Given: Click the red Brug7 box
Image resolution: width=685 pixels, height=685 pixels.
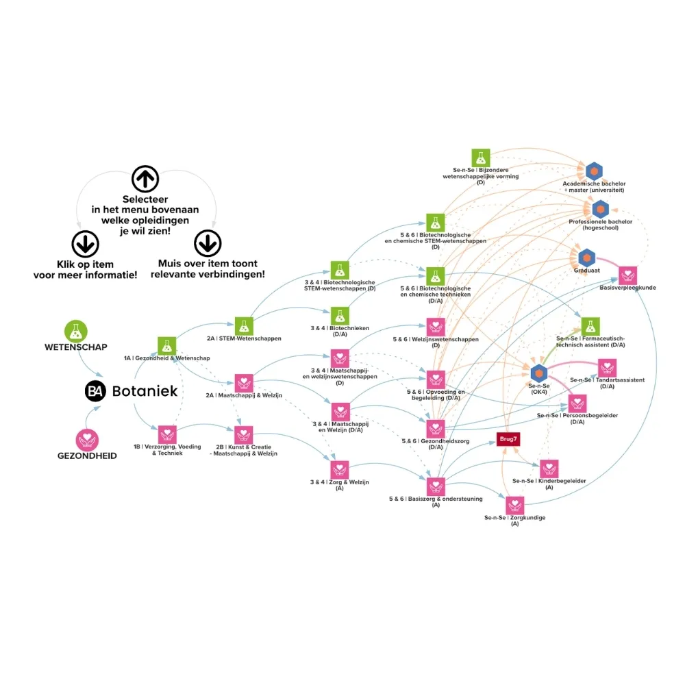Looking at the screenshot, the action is tap(508, 439).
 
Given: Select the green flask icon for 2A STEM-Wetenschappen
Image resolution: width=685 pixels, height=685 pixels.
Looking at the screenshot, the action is tap(244, 326).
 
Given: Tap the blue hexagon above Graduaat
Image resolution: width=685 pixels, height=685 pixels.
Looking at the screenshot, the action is tap(587, 258).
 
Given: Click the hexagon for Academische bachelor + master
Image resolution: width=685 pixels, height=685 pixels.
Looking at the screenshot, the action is tap(594, 171).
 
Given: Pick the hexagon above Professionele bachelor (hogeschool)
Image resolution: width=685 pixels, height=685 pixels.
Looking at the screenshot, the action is tap(601, 209).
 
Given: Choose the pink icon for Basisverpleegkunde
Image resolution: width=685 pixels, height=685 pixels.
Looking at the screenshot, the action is tap(627, 275).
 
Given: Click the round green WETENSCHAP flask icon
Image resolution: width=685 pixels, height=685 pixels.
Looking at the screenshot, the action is tap(76, 331).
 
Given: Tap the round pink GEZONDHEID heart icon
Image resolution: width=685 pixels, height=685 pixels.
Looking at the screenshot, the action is tap(87, 440).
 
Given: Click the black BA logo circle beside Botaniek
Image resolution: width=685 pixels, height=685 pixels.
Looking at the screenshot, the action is tap(95, 391).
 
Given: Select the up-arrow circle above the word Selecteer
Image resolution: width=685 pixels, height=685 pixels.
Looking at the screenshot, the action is tap(145, 179).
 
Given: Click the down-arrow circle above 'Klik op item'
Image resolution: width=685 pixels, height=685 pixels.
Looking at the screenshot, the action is tap(85, 244).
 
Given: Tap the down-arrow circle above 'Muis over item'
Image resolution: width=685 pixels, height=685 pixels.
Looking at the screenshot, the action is tap(208, 243).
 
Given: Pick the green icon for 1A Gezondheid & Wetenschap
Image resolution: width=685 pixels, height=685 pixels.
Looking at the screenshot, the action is tap(167, 346).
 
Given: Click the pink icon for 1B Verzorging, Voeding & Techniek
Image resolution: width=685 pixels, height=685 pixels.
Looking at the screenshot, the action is tap(167, 435).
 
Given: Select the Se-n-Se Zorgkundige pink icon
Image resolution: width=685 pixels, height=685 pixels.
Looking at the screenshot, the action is tap(515, 506).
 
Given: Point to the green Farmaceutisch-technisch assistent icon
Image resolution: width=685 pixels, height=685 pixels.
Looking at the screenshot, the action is tap(590, 326).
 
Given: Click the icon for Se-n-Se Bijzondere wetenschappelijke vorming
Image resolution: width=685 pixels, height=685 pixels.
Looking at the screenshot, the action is tap(481, 158).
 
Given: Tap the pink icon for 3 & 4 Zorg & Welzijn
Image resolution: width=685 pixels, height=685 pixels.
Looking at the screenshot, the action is tap(340, 470).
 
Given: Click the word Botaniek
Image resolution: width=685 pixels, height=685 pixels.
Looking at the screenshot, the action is tap(145, 391).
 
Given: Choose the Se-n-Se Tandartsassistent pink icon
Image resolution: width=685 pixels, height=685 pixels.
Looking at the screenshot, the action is tap(607, 368).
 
